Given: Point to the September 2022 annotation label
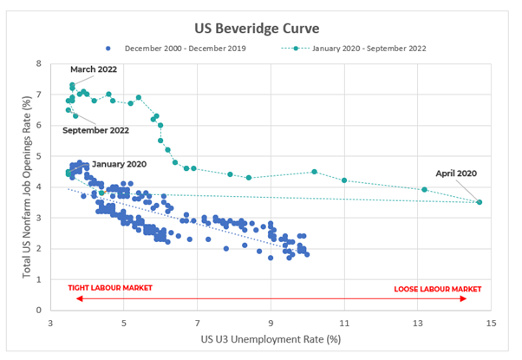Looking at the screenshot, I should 96,129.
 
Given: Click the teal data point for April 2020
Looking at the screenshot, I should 480,202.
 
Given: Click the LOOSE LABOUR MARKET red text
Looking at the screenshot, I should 437,288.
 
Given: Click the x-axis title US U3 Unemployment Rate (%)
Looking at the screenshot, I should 271,339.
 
